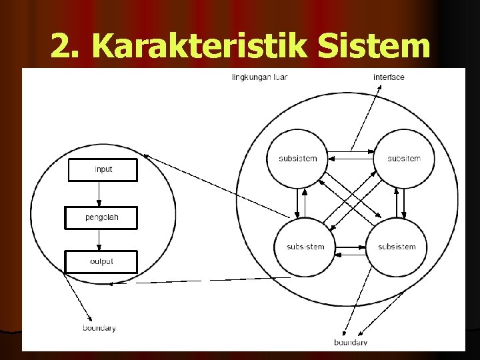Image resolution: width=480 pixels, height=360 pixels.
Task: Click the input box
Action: click(103, 169)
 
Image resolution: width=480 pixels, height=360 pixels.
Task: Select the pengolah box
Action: click(101, 218)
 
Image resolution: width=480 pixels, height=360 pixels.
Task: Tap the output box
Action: click(101, 261)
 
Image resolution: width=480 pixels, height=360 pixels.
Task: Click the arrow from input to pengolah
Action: click(99, 193)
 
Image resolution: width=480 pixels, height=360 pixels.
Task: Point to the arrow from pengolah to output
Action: click(99, 239)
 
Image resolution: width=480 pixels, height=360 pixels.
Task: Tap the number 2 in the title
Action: click(62, 45)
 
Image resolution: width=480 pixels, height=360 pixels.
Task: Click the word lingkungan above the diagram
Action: click(251, 77)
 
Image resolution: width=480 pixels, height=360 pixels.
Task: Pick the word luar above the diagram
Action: click(280, 77)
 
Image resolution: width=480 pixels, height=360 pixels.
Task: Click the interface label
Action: click(389, 77)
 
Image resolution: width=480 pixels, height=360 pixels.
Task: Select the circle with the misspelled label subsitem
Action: click(404, 159)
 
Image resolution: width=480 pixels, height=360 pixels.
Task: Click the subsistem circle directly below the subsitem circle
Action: click(397, 247)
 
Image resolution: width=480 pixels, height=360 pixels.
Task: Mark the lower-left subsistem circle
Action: click(305, 247)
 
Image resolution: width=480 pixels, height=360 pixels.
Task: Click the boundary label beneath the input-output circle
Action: click(99, 328)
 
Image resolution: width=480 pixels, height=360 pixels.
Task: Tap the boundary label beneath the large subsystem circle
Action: click(351, 343)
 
